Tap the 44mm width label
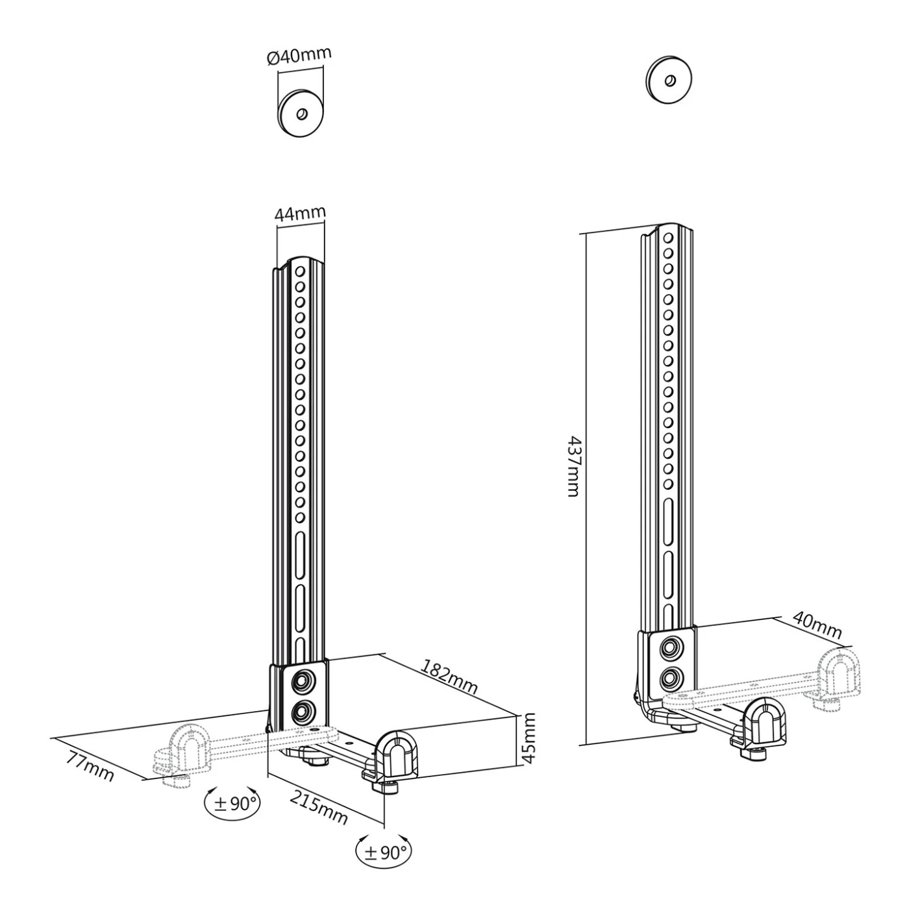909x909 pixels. (300, 214)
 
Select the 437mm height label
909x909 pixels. (573, 466)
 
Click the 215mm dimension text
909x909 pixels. (318, 806)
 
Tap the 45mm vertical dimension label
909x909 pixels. (529, 738)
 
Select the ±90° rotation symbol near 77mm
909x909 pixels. (232, 803)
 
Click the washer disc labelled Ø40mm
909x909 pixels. (301, 113)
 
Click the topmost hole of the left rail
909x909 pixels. (301, 271)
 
